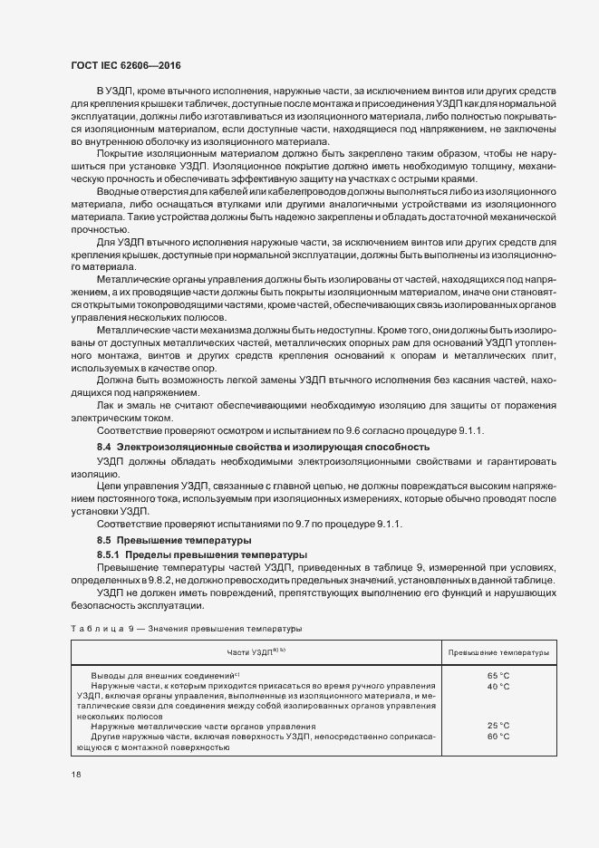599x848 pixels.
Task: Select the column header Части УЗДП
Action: [x=256, y=651]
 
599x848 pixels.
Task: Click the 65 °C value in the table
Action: [x=498, y=676]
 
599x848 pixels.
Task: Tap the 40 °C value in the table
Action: [x=498, y=687]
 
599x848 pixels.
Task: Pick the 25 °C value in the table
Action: [x=498, y=726]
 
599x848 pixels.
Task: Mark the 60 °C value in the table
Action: [x=498, y=737]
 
